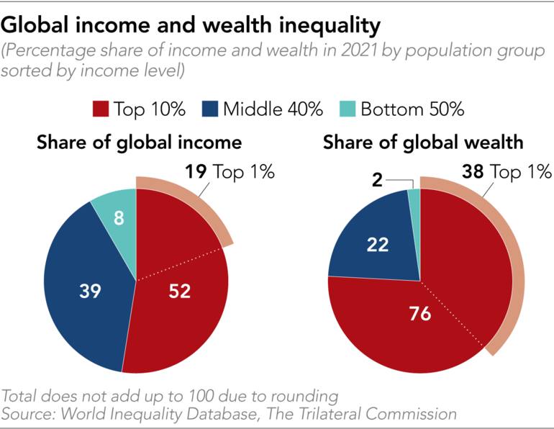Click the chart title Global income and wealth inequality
191,26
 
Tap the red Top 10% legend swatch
101,110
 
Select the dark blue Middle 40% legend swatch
211,110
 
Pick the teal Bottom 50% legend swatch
349,110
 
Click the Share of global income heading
139,143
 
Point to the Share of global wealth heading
423,143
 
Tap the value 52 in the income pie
180,291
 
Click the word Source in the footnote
27,413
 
